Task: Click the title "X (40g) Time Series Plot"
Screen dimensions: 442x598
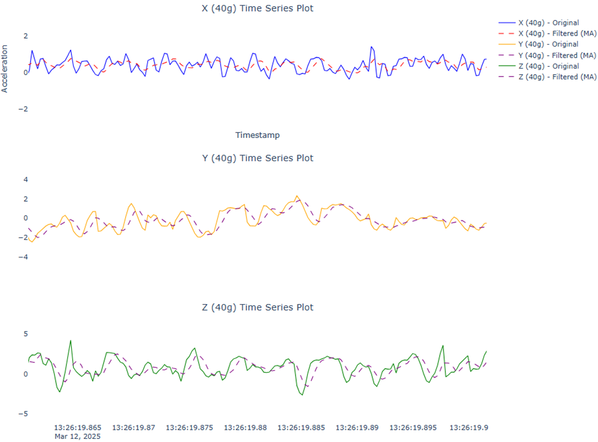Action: (x=257, y=9)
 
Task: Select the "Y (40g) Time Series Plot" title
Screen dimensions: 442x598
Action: (x=258, y=158)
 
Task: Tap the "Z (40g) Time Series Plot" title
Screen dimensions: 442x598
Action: (x=258, y=307)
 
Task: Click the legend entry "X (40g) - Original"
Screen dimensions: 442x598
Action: (x=548, y=23)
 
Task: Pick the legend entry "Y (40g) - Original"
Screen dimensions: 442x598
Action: (x=548, y=44)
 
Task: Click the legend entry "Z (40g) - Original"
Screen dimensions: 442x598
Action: (x=548, y=66)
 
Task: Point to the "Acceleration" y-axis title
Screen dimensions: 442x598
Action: (x=5, y=68)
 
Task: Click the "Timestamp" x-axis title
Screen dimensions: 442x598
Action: (x=257, y=135)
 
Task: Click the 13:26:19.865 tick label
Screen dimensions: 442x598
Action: (x=78, y=427)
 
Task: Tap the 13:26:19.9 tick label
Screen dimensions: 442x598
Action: (x=469, y=427)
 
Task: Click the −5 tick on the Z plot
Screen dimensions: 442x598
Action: (x=25, y=414)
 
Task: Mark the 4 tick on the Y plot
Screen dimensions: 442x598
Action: (x=26, y=180)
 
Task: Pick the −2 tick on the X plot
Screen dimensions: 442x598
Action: (x=23, y=109)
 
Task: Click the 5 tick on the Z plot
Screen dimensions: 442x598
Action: (x=26, y=334)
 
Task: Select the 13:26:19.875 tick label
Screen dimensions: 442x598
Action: (x=190, y=427)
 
